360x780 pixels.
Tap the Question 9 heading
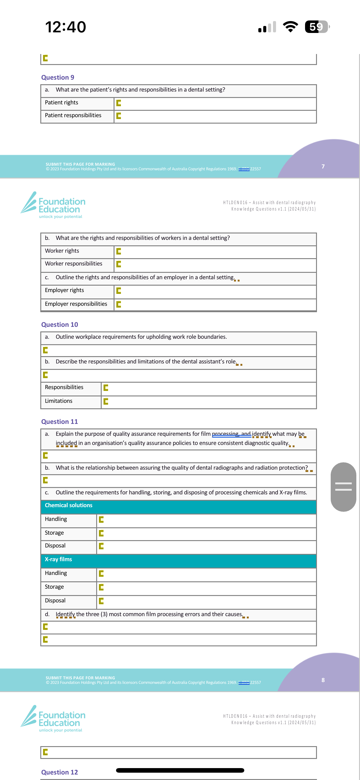(58, 78)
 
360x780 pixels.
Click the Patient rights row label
(61, 103)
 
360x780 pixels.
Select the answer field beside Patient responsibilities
(215, 116)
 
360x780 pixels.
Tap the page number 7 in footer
(323, 166)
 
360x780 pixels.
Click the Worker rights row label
(62, 251)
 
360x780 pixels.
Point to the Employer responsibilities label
(76, 304)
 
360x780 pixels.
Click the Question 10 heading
(60, 325)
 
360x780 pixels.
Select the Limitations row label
(59, 401)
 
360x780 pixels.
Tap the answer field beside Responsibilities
(209, 388)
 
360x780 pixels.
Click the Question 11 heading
(60, 422)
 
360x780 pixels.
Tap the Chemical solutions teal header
(178, 506)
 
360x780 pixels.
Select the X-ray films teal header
(178, 560)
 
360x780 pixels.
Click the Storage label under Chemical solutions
(54, 533)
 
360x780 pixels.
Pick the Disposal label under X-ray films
(55, 601)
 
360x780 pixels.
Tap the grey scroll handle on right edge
(343, 487)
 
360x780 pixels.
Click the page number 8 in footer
(323, 680)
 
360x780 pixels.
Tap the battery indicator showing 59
(317, 27)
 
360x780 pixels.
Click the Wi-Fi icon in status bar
(290, 27)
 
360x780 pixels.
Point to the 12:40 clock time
(66, 27)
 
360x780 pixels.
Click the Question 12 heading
(60, 772)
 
